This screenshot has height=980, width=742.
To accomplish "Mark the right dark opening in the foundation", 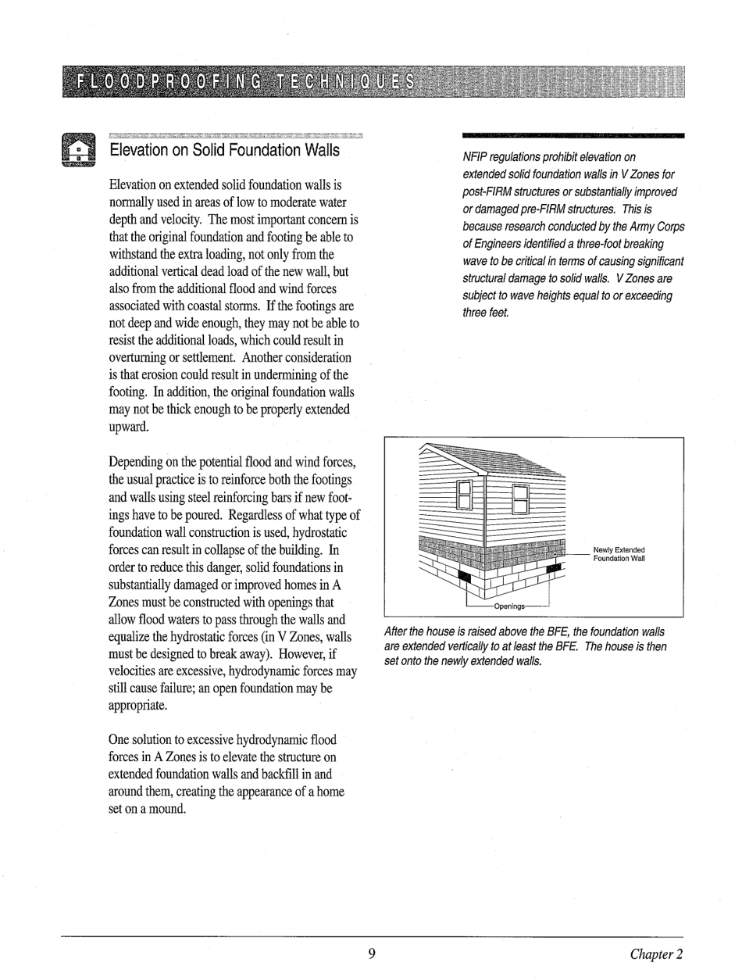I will click(553, 561).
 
